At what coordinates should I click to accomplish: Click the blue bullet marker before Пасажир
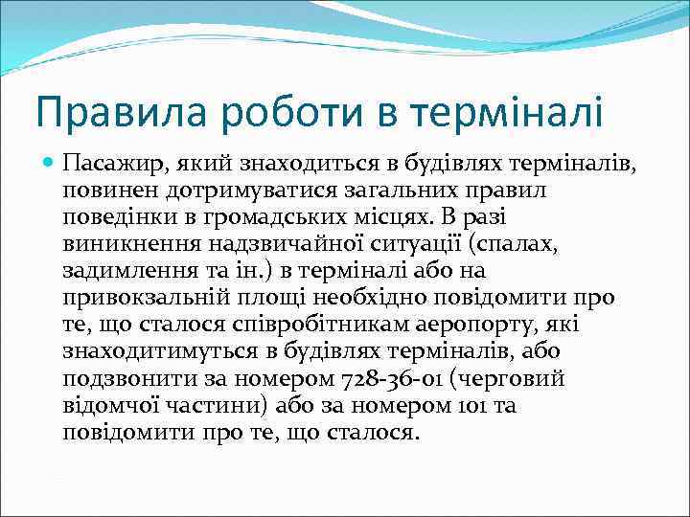coord(48,164)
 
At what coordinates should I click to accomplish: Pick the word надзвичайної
coord(259,244)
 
